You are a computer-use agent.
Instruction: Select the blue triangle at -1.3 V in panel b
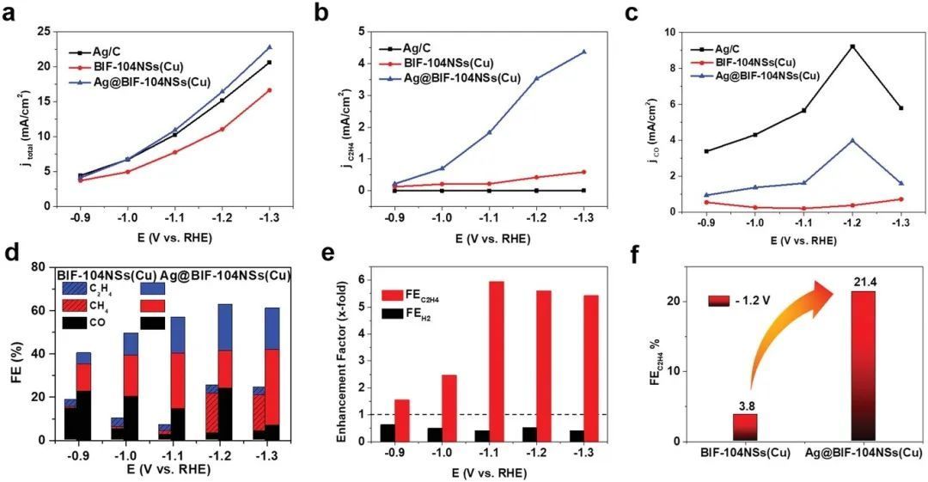tap(583, 52)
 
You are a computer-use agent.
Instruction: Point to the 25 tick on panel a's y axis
tap(44, 31)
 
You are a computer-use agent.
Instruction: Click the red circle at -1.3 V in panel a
tap(269, 90)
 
